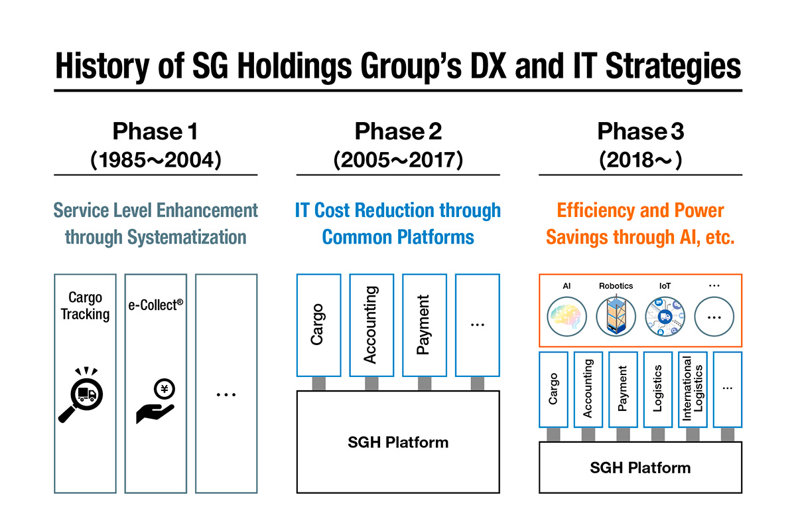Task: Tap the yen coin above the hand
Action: tap(165, 389)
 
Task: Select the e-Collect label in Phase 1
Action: tap(156, 305)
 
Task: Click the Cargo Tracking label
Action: tap(86, 306)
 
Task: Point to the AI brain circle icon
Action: tap(566, 317)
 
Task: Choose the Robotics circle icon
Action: tap(616, 316)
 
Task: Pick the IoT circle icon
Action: tap(665, 317)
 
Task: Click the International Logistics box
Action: tap(693, 390)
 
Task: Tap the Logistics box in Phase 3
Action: tap(658, 390)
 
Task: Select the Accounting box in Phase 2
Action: tap(371, 325)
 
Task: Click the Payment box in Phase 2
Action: tap(425, 325)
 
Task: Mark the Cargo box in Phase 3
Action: tap(553, 390)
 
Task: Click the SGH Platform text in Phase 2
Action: tap(398, 443)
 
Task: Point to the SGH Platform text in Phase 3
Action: tap(640, 468)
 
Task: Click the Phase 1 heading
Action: tap(155, 131)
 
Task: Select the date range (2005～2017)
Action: tap(398, 160)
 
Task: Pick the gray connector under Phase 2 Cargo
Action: tap(319, 384)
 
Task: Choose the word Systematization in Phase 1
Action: tap(186, 237)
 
